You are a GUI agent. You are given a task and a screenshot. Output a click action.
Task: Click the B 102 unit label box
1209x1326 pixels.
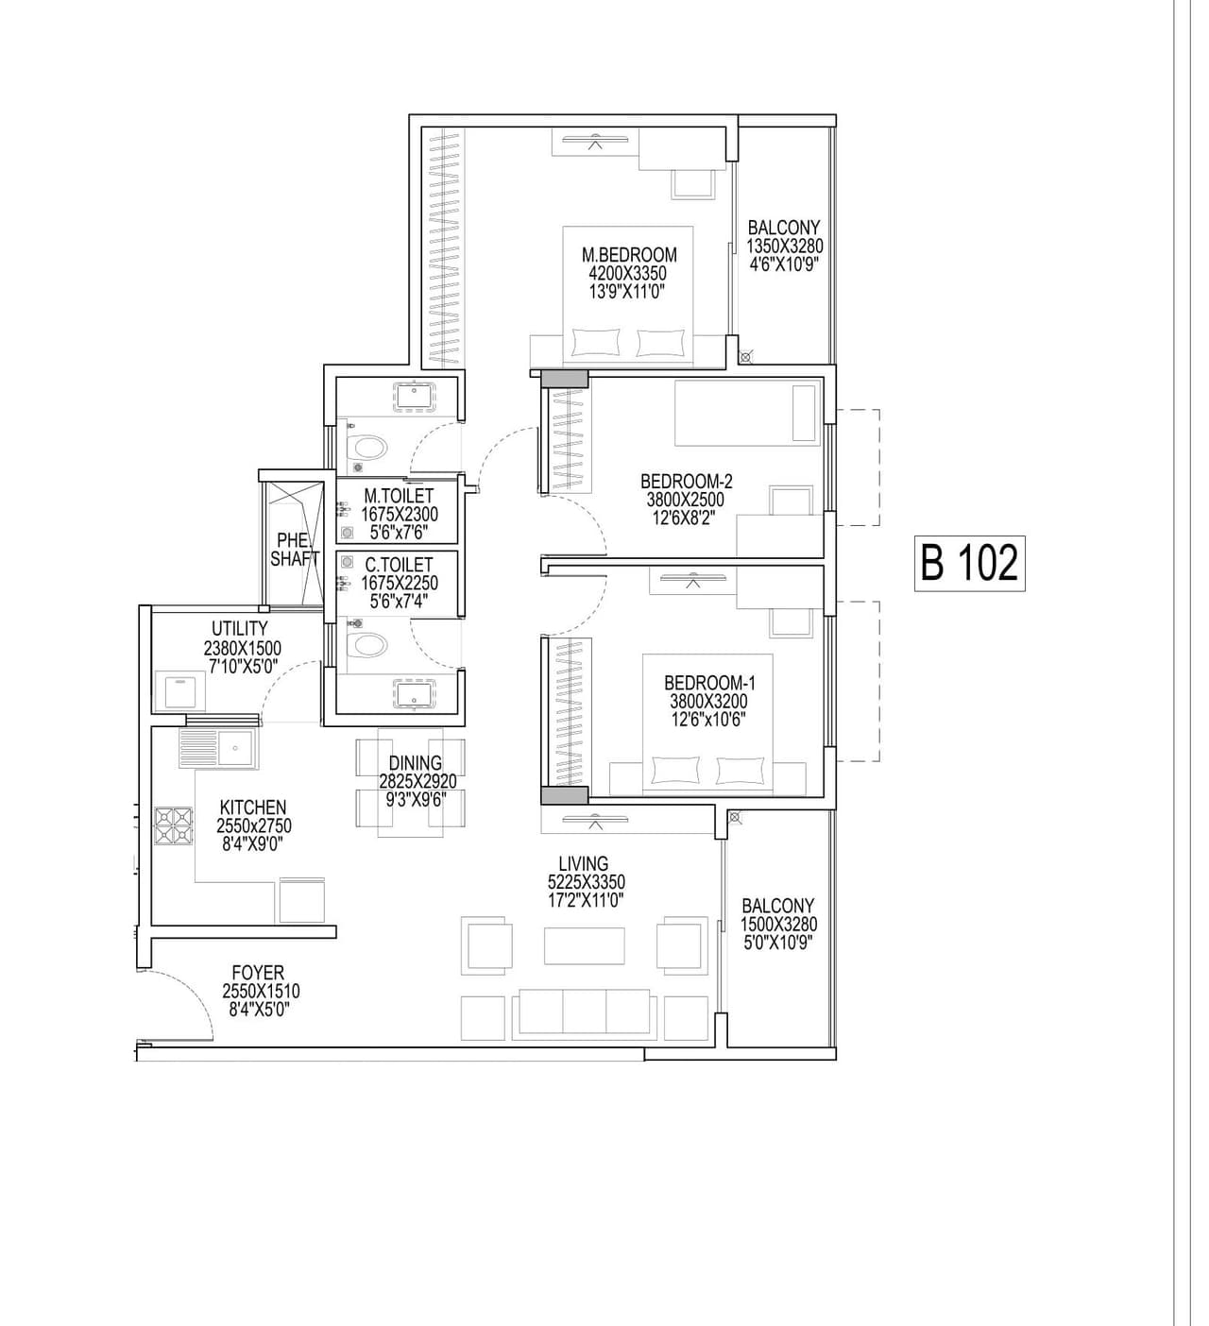[x=969, y=564]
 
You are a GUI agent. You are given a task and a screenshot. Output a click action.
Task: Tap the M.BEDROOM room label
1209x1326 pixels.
[x=629, y=255]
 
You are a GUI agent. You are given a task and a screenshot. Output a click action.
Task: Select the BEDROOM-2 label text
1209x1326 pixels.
[x=686, y=482]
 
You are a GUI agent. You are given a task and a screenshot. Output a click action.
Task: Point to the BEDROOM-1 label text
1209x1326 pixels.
[x=709, y=683]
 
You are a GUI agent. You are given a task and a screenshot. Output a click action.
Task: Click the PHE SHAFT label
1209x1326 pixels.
[x=294, y=550]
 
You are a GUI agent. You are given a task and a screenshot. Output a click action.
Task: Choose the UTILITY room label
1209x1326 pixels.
[x=240, y=628]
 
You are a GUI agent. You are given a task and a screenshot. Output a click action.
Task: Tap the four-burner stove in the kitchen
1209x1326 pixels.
[x=174, y=824]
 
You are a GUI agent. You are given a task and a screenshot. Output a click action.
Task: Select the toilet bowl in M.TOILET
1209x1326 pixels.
[x=368, y=446]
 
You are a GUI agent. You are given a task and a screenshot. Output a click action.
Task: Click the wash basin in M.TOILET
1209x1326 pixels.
[x=414, y=395]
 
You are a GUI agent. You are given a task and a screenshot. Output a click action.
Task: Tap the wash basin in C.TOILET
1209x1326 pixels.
[x=414, y=693]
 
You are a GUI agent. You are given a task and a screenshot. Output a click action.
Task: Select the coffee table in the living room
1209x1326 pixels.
[x=584, y=946]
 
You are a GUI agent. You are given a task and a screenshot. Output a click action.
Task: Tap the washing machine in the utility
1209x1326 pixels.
[x=179, y=691]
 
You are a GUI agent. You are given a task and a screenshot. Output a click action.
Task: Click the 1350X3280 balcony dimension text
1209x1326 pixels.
[x=784, y=246]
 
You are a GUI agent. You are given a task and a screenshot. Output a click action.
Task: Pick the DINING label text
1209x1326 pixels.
[x=416, y=763]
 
